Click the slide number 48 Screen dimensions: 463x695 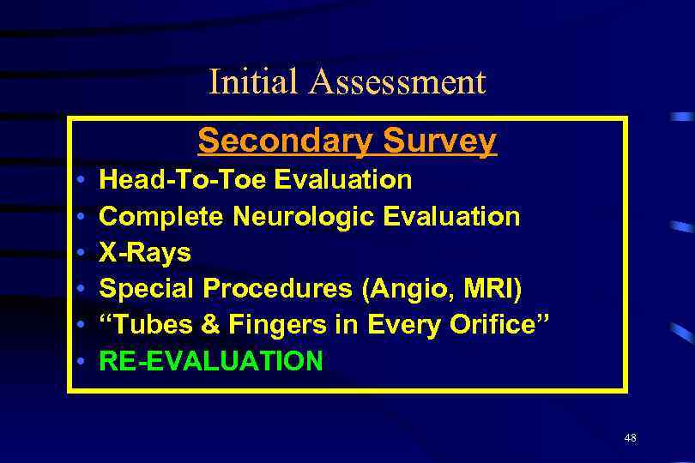click(x=631, y=438)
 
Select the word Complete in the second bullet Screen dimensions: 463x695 click(x=162, y=216)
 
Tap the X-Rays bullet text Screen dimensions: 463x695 click(x=145, y=253)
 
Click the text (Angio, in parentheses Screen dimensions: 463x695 click(x=406, y=290)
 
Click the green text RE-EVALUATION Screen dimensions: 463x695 click(x=211, y=362)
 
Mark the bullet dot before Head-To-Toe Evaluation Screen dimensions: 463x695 click(x=79, y=181)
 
